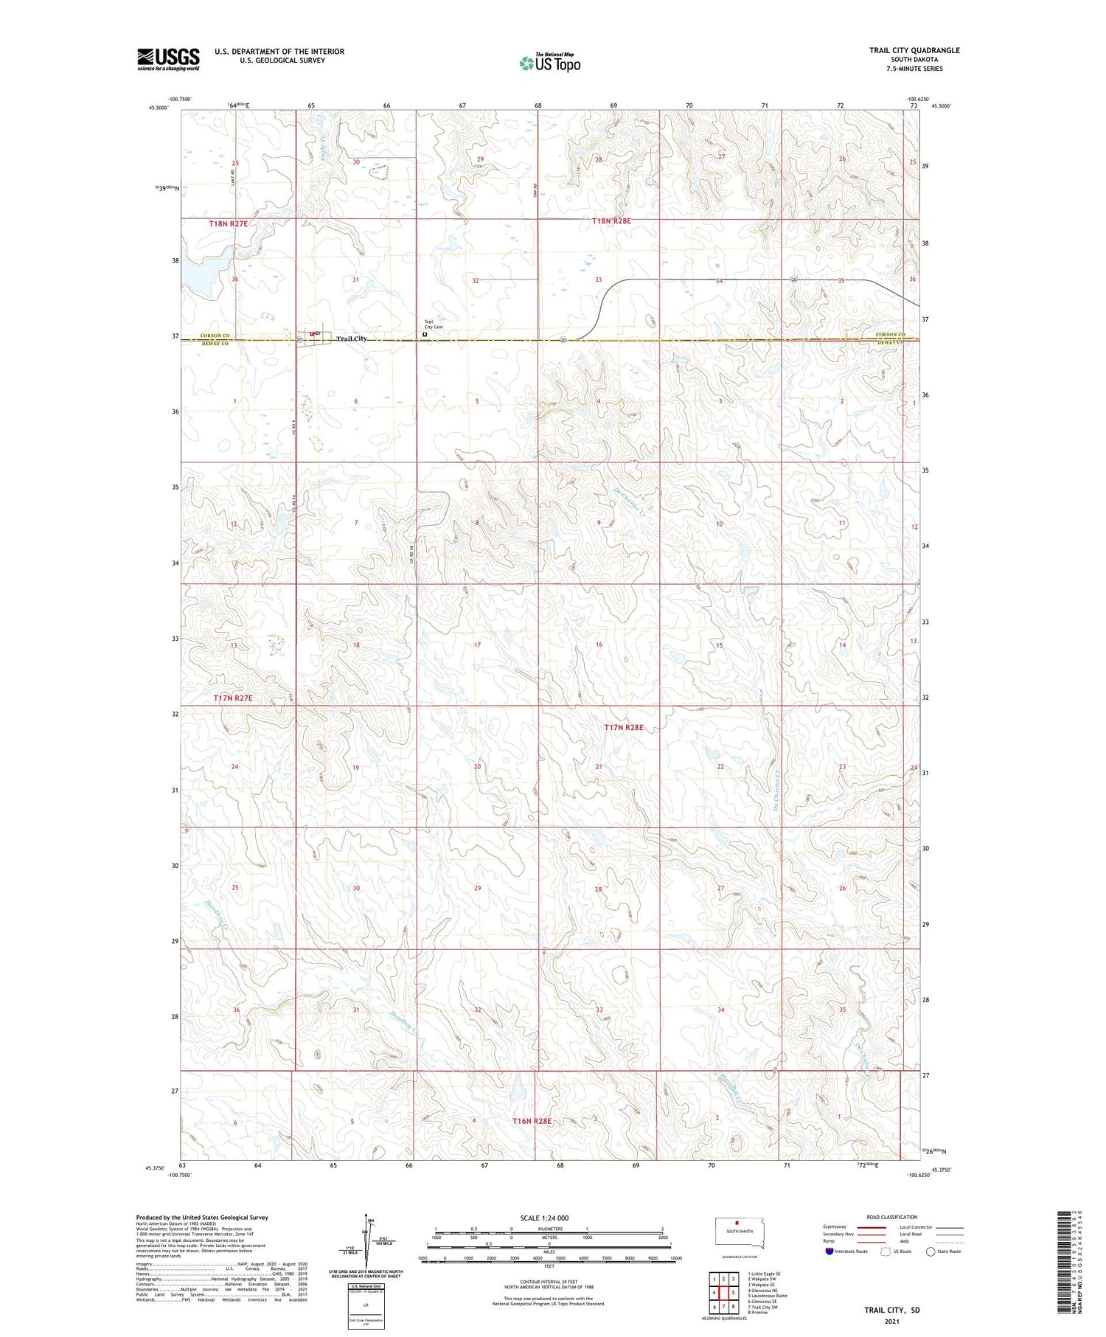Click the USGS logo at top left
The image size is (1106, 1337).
[x=168, y=59]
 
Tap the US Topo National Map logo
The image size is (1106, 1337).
[x=549, y=63]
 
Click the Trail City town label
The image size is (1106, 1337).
[x=351, y=338]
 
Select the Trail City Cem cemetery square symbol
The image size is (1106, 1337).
[x=425, y=334]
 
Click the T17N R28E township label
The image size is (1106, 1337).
[x=624, y=727]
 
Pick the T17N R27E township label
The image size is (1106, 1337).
[x=233, y=698]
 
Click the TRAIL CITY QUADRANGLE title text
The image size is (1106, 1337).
[x=914, y=50]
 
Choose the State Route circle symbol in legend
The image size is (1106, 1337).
[x=931, y=1251]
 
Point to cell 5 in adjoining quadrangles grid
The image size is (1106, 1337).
[x=734, y=1293]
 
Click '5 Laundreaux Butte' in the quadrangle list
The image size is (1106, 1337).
[x=768, y=1296]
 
